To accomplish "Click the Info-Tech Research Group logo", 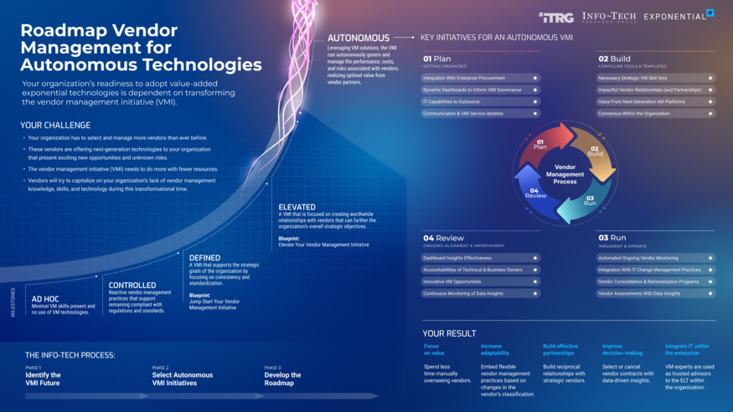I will (608, 17).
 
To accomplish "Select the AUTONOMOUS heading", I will (358, 38).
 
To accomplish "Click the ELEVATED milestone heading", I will (297, 207).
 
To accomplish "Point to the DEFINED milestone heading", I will (205, 258).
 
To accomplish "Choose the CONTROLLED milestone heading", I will (132, 285).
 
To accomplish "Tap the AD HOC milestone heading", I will (45, 298).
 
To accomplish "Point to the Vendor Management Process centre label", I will (565, 174).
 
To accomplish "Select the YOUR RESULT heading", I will (449, 333).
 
